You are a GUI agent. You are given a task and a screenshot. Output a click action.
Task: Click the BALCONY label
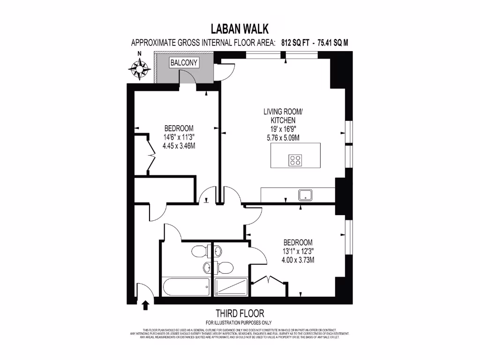click(x=184, y=62)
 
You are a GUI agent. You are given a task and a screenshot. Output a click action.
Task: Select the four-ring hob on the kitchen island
click(x=295, y=160)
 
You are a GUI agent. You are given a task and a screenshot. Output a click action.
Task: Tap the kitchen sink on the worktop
click(x=306, y=195)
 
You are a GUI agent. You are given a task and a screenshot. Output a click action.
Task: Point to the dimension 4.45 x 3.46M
click(x=179, y=146)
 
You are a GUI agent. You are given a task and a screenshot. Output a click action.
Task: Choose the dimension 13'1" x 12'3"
click(x=298, y=251)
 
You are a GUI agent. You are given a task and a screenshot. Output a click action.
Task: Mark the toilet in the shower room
click(x=225, y=268)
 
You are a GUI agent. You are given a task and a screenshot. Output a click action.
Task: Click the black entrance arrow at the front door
click(x=145, y=306)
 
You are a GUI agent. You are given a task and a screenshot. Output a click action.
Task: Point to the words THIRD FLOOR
click(x=240, y=313)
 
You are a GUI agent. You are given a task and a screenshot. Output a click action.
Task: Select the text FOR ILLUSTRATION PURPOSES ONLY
click(x=240, y=322)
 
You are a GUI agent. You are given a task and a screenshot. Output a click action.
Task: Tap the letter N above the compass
click(x=139, y=54)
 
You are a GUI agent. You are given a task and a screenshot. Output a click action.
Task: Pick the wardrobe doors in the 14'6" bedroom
click(x=151, y=156)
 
